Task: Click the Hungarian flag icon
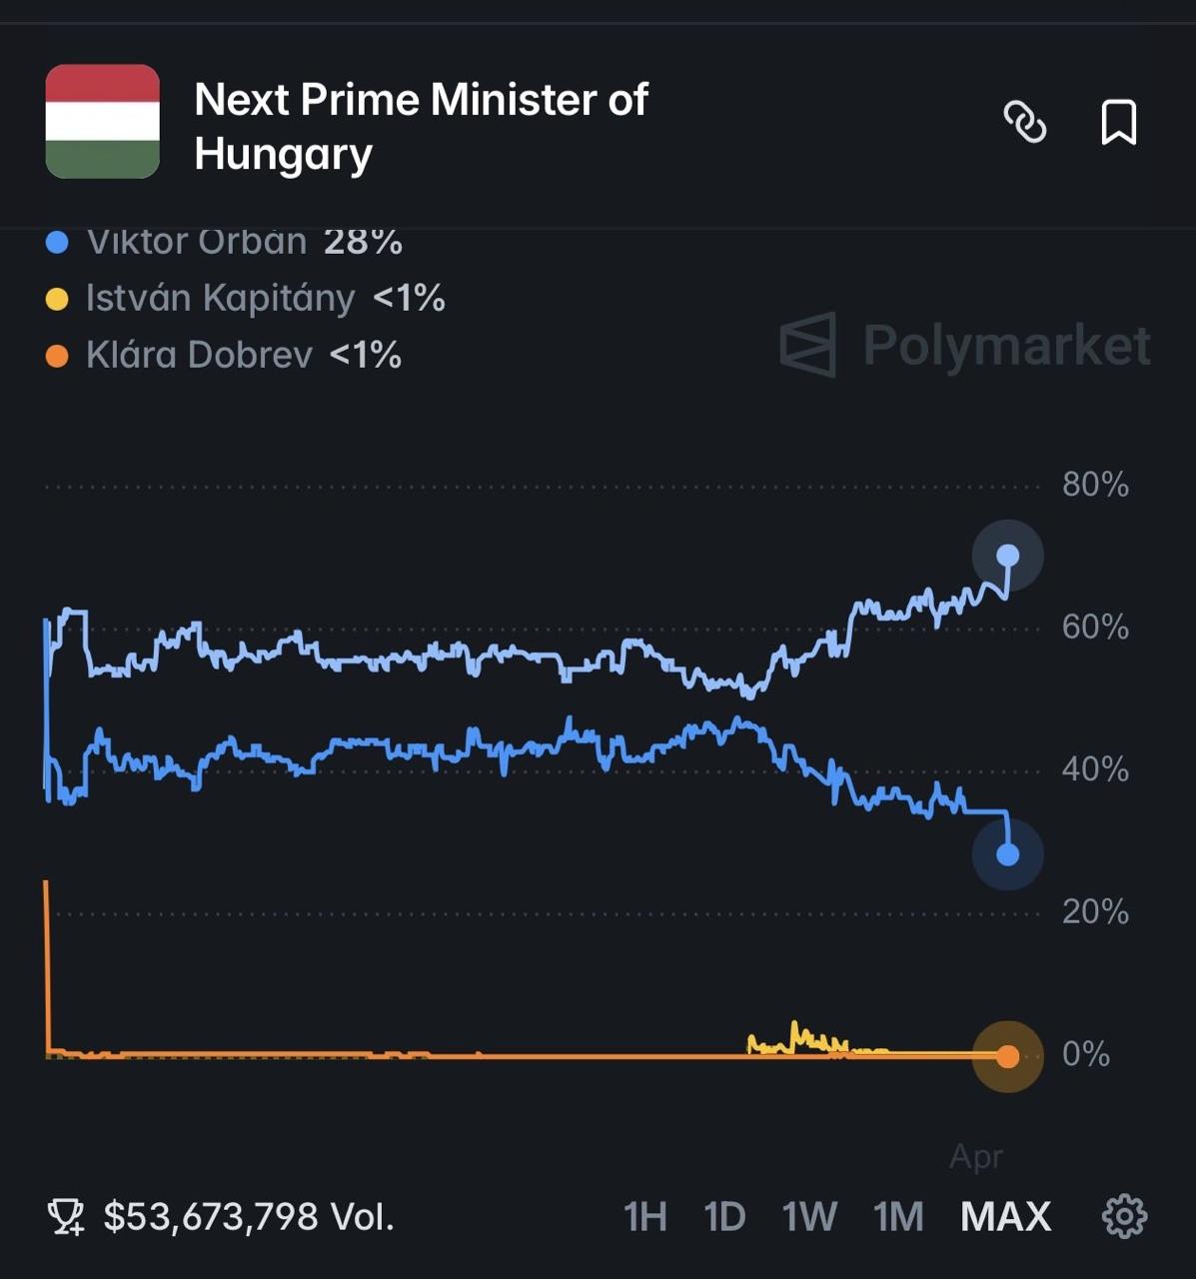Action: click(x=103, y=122)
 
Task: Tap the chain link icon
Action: click(x=1024, y=123)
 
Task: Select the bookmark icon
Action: click(x=1118, y=123)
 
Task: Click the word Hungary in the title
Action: click(x=283, y=155)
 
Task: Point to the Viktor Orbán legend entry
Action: click(x=225, y=243)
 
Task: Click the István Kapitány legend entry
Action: click(x=245, y=298)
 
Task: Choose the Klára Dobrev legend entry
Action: click(x=224, y=355)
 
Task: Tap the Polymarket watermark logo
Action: click(x=965, y=345)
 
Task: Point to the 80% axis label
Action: click(x=1095, y=485)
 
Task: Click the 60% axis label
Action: click(x=1095, y=628)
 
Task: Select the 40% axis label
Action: click(x=1095, y=769)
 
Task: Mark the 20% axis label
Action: click(x=1095, y=911)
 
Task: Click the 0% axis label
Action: click(x=1086, y=1054)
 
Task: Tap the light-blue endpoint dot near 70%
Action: click(x=1008, y=556)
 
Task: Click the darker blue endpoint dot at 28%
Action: click(x=1008, y=854)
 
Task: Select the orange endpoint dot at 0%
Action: click(x=1008, y=1056)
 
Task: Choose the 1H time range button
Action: click(x=644, y=1217)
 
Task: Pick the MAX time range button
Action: click(x=1005, y=1217)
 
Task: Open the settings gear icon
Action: click(x=1124, y=1216)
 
